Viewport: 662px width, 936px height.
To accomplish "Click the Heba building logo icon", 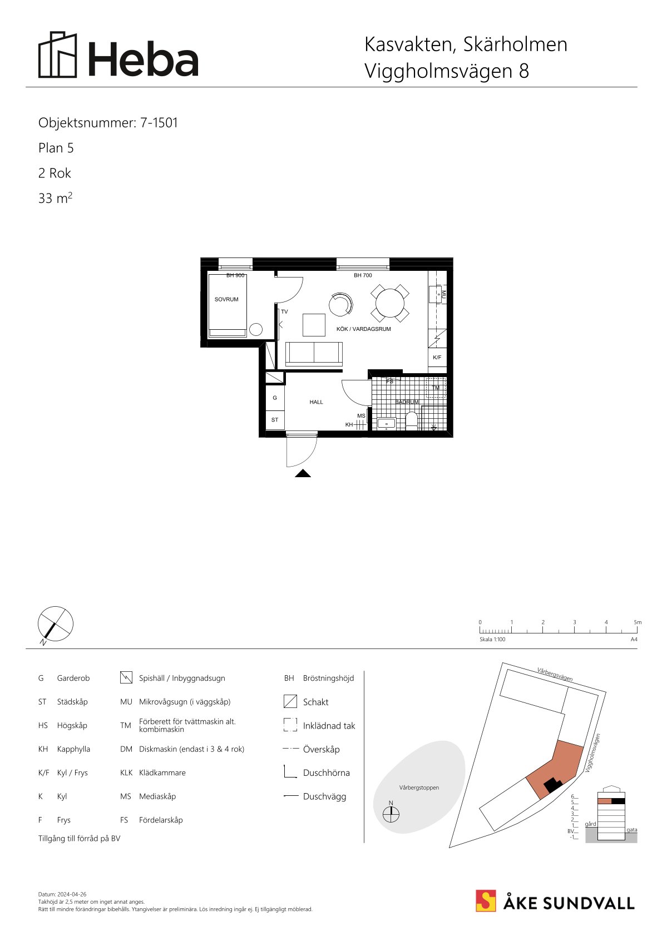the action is tap(58, 55).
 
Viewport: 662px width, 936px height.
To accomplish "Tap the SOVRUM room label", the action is tap(226, 299).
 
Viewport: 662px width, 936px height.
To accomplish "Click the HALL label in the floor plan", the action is tap(316, 402).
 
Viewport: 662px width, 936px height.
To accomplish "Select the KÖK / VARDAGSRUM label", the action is tap(364, 329).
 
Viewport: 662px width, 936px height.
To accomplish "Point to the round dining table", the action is tap(390, 303).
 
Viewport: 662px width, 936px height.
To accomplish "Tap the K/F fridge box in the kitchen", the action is tap(437, 358).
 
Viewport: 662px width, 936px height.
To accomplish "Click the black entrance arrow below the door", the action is tap(303, 473).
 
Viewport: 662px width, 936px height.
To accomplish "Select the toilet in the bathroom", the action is tap(412, 421).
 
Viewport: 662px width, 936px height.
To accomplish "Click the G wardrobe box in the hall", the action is tap(275, 398).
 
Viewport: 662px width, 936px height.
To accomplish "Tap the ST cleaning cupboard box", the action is tap(275, 420).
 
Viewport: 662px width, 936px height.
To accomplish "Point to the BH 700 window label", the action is tap(363, 275).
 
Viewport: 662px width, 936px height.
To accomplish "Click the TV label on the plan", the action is tap(285, 311).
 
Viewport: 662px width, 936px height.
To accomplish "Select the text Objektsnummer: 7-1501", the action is tap(108, 123).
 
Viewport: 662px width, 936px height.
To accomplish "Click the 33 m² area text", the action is tap(55, 197).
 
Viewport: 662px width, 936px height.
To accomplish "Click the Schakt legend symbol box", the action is tap(290, 701).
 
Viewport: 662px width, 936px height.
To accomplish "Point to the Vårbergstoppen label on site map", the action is tap(419, 788).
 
